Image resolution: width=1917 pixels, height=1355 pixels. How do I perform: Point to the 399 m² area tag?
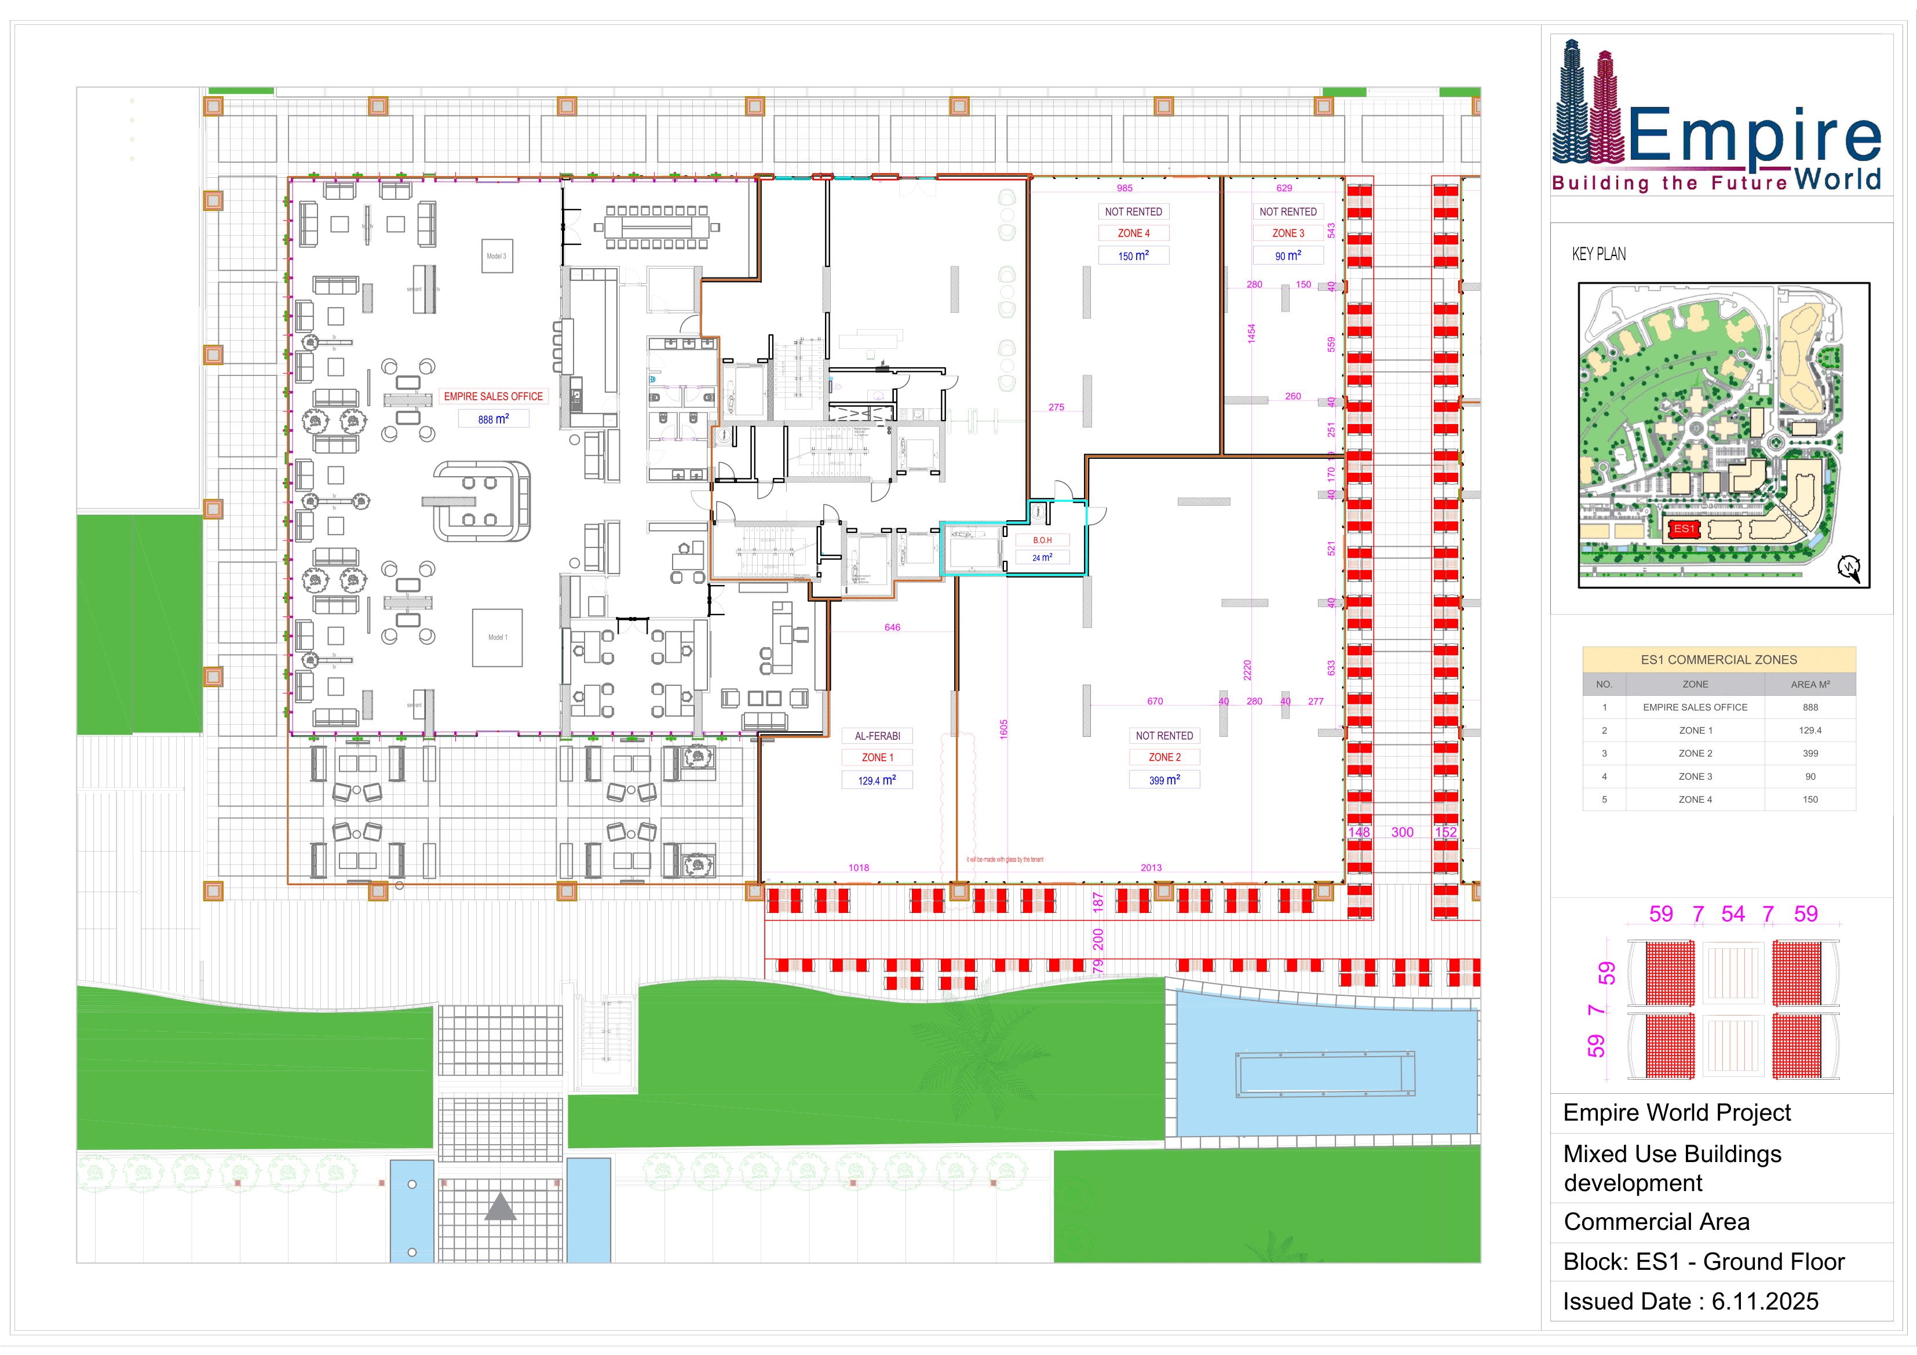(1164, 780)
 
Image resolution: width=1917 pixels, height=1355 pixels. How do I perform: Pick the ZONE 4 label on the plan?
(1133, 233)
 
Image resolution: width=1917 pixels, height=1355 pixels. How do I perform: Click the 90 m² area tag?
(1287, 255)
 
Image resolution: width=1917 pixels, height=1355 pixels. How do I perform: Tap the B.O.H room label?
(1042, 540)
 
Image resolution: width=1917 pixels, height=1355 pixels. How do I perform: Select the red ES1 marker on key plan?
(1684, 528)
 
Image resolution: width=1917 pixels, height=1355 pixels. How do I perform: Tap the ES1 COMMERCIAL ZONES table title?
(1718, 660)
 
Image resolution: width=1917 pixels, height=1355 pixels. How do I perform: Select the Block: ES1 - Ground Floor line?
(1703, 1262)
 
